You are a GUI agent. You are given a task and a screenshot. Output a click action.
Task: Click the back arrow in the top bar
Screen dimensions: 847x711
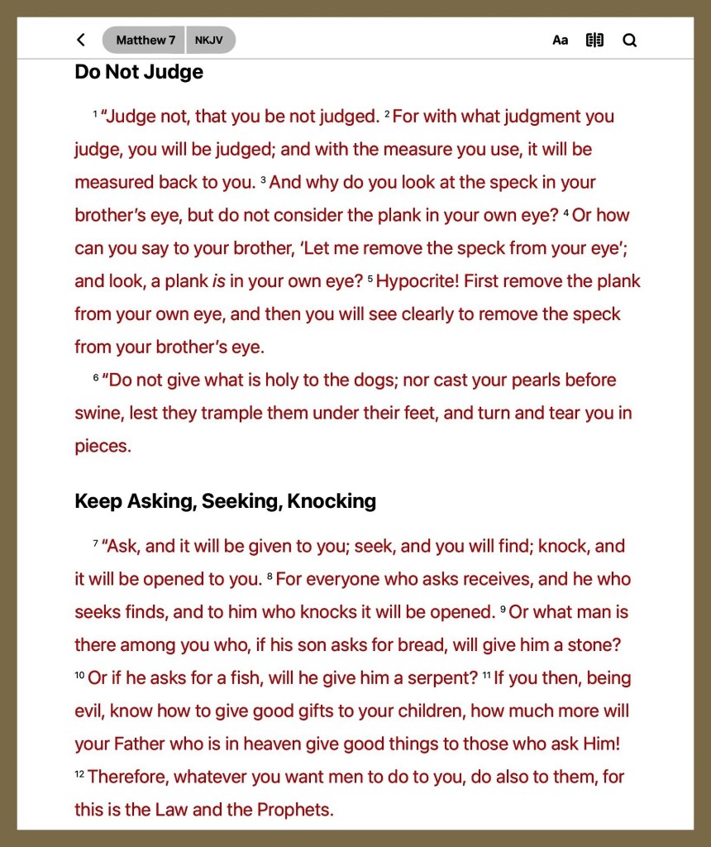click(x=80, y=40)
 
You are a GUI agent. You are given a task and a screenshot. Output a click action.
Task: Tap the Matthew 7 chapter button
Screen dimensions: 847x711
click(x=145, y=40)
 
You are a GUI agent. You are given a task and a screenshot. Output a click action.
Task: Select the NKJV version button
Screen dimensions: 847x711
click(x=209, y=40)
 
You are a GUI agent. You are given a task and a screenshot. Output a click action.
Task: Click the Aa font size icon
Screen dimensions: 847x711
click(x=561, y=41)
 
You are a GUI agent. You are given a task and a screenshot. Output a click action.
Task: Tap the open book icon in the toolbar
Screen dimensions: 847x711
click(x=594, y=40)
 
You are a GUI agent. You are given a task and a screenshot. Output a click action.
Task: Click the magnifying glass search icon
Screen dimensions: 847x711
click(x=630, y=40)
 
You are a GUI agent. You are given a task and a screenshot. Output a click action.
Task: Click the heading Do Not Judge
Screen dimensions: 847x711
click(x=139, y=72)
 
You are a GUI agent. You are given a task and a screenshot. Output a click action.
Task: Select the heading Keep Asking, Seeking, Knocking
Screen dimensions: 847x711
click(x=225, y=500)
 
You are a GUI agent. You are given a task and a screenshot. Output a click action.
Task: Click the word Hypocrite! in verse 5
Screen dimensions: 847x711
click(x=418, y=281)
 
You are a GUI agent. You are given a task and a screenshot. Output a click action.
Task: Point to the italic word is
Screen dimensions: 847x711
click(x=219, y=281)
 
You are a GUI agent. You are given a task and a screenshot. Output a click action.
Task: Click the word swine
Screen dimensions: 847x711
click(x=98, y=414)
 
